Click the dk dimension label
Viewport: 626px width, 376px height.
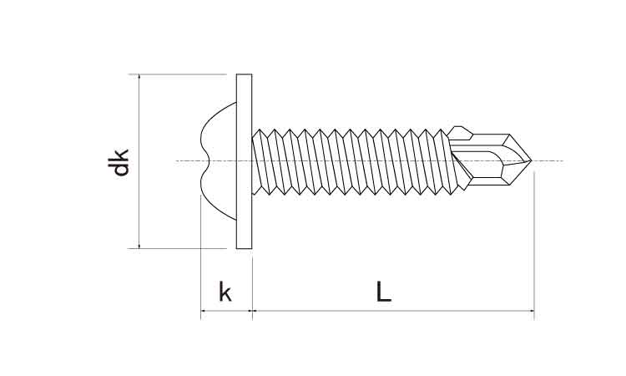(x=122, y=161)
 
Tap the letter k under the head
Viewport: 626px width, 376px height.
(x=225, y=292)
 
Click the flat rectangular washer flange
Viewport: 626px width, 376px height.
(x=244, y=161)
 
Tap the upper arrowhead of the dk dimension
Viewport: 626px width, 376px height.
(x=139, y=78)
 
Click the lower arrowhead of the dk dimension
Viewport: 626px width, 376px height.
(x=139, y=245)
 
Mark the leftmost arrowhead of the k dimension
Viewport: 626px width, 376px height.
(x=204, y=313)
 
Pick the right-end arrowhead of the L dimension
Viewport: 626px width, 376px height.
(x=531, y=313)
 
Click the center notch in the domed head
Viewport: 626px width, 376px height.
(x=204, y=160)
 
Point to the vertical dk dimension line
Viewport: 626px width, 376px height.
(x=139, y=201)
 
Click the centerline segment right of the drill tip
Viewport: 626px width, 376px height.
(x=551, y=160)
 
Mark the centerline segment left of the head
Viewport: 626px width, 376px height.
(x=188, y=160)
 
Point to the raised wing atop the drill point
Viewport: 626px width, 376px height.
(x=460, y=131)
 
